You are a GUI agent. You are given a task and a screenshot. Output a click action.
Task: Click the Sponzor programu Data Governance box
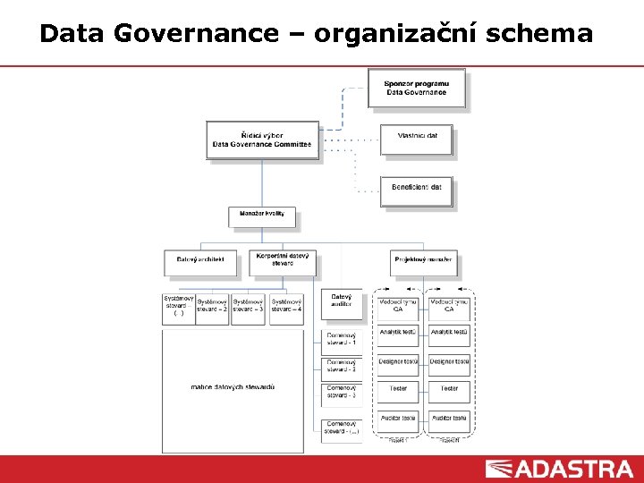click(416, 88)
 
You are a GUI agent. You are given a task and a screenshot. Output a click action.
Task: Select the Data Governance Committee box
click(262, 140)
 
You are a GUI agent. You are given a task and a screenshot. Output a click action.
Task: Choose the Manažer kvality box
click(261, 216)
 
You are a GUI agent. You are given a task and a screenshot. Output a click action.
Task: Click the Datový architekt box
click(200, 261)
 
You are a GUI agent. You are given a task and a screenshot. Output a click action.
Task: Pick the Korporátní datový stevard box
click(282, 260)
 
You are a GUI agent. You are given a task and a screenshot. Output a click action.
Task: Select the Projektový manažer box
click(423, 261)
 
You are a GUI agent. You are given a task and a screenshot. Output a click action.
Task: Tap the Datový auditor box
click(342, 303)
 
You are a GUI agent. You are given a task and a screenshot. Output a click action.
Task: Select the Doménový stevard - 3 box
click(342, 393)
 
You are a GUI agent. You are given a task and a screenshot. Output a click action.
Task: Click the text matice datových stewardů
click(233, 387)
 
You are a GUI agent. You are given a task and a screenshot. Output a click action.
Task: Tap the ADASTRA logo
click(559, 469)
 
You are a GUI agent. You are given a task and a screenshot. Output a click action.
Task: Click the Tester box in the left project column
click(398, 389)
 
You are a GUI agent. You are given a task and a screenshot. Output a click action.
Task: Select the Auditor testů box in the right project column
click(449, 419)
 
